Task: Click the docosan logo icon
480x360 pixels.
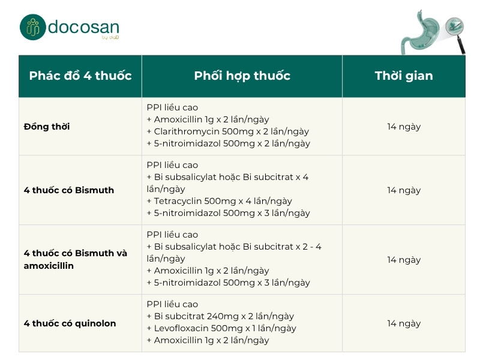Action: click(x=32, y=27)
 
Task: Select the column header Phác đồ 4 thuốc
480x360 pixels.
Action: click(x=80, y=76)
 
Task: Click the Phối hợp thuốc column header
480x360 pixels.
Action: click(x=242, y=76)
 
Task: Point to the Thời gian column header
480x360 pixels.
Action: click(x=404, y=76)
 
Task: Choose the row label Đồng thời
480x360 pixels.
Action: click(x=47, y=127)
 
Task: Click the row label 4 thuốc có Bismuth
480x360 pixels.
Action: click(x=69, y=190)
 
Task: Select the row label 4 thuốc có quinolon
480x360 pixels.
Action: click(x=70, y=323)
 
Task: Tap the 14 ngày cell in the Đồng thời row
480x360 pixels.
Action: click(x=404, y=127)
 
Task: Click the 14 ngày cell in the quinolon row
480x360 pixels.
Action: click(x=404, y=323)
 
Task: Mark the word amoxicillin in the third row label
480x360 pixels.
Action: click(x=49, y=265)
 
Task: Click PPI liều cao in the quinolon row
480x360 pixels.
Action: click(x=172, y=304)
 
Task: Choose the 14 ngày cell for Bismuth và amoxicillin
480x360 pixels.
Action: click(x=404, y=260)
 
